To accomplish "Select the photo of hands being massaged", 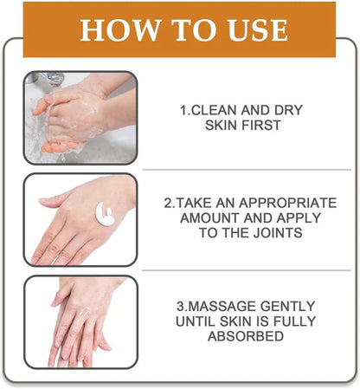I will tap(80, 321).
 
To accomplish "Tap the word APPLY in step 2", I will tap(287, 218).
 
